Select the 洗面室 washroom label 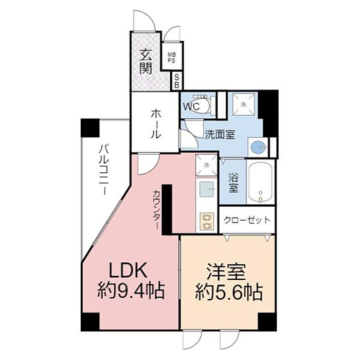pyautogui.click(x=220, y=135)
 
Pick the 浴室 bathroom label pyautogui.click(x=233, y=183)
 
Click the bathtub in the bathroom pyautogui.click(x=261, y=181)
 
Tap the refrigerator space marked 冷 pyautogui.click(x=206, y=166)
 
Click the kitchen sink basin pyautogui.click(x=207, y=189)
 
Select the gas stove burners pyautogui.click(x=207, y=222)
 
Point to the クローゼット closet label pyautogui.click(x=247, y=221)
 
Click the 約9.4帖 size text pyautogui.click(x=131, y=292)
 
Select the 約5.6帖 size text pyautogui.click(x=228, y=292)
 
